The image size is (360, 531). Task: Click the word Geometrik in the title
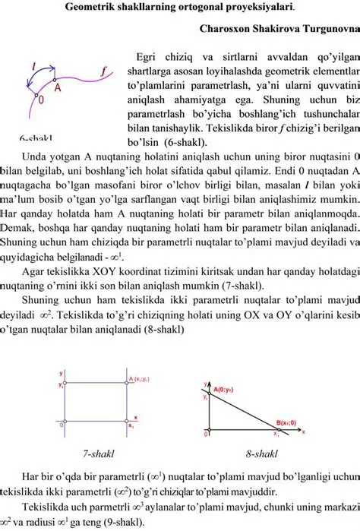point(90,8)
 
